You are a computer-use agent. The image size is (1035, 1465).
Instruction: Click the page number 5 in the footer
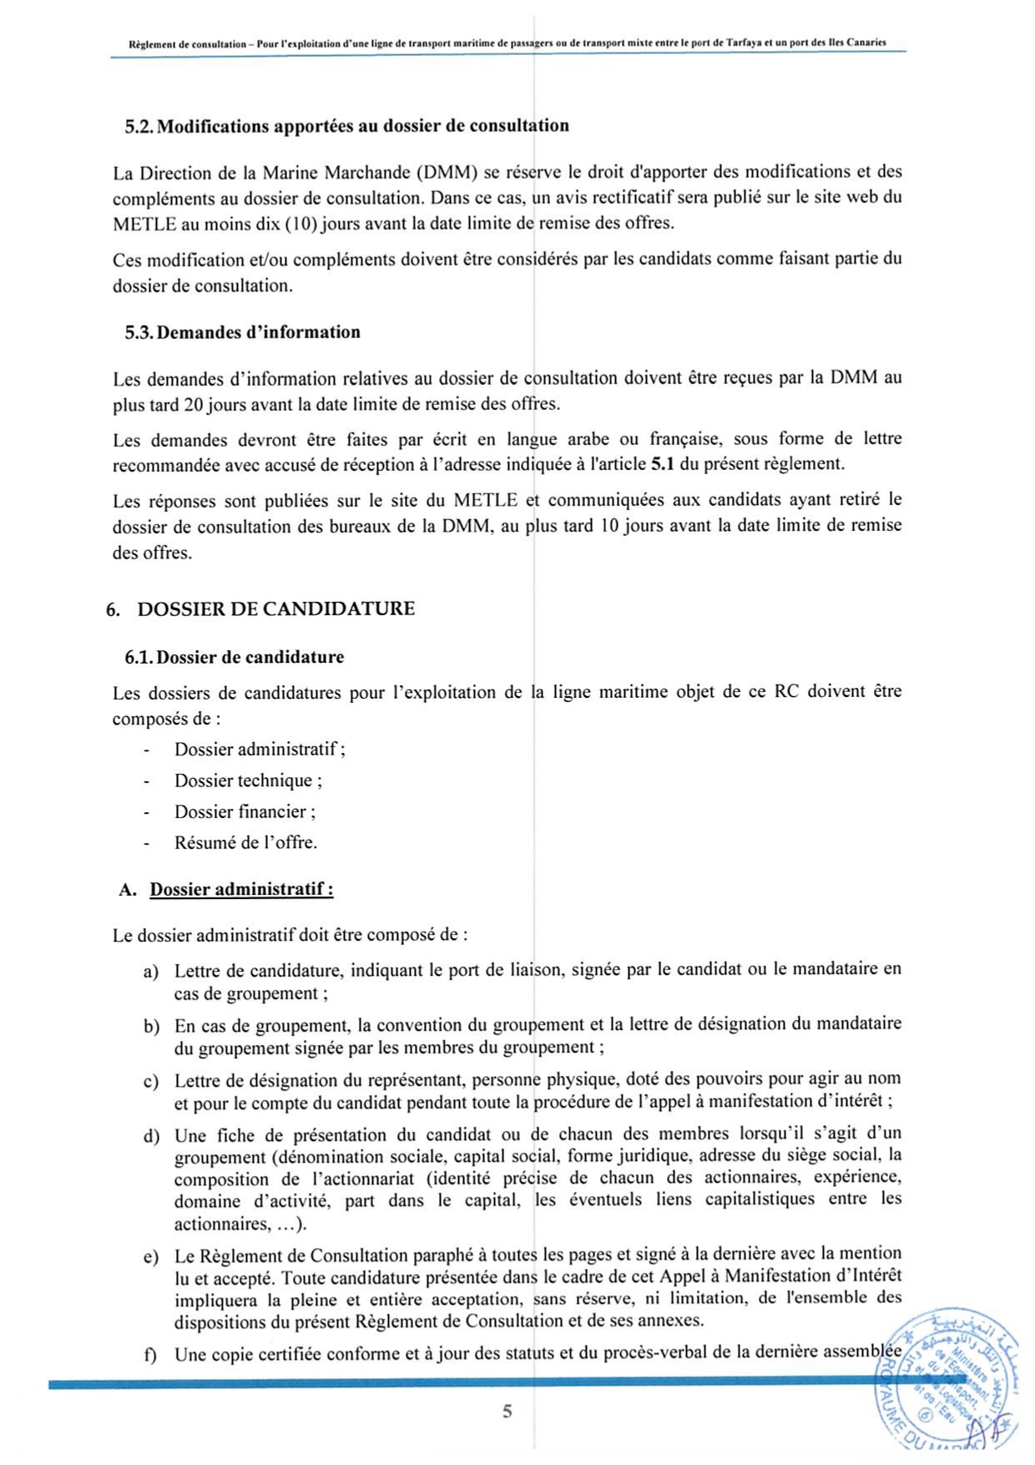click(507, 1412)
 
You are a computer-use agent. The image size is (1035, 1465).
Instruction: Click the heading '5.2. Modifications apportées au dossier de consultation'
click(346, 126)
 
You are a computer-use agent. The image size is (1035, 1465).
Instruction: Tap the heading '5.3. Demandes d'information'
click(243, 332)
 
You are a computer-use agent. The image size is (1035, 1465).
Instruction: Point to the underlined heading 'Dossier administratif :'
click(241, 889)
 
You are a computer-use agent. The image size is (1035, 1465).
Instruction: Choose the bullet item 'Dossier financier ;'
click(245, 811)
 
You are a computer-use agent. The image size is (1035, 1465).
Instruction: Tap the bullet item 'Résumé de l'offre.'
click(245, 842)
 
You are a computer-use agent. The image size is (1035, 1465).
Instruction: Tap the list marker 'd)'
click(151, 1136)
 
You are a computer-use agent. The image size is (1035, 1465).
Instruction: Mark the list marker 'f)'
click(150, 1354)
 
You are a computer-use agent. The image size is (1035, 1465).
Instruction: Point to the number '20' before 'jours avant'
click(194, 405)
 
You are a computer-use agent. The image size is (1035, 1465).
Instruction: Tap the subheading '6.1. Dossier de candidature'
click(235, 657)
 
